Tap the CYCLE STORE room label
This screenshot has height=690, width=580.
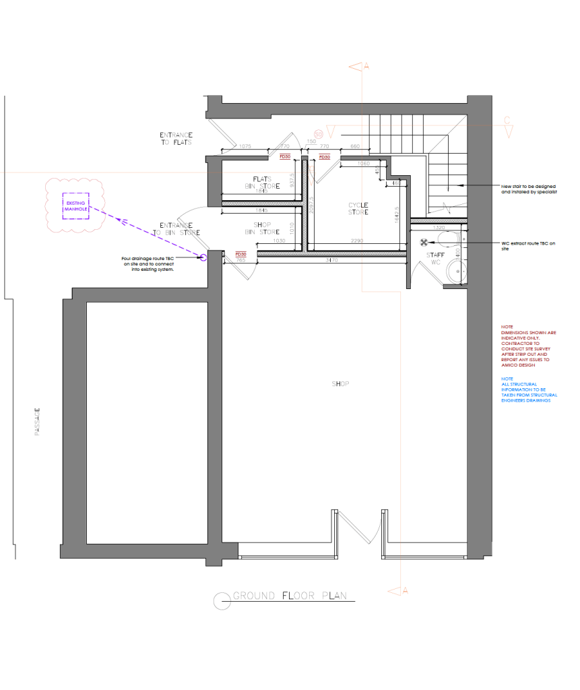pyautogui.click(x=358, y=208)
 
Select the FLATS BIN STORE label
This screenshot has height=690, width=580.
pyautogui.click(x=262, y=183)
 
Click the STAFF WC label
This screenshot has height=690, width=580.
pyautogui.click(x=436, y=258)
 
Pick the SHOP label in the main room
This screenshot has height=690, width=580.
pyautogui.click(x=340, y=384)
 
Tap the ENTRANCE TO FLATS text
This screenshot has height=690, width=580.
pyautogui.click(x=176, y=139)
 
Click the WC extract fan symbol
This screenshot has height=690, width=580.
pyautogui.click(x=424, y=243)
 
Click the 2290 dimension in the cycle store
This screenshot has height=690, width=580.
pyautogui.click(x=357, y=241)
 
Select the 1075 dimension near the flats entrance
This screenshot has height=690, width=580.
pyautogui.click(x=245, y=146)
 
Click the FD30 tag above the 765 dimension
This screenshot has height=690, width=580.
pyautogui.click(x=240, y=254)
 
